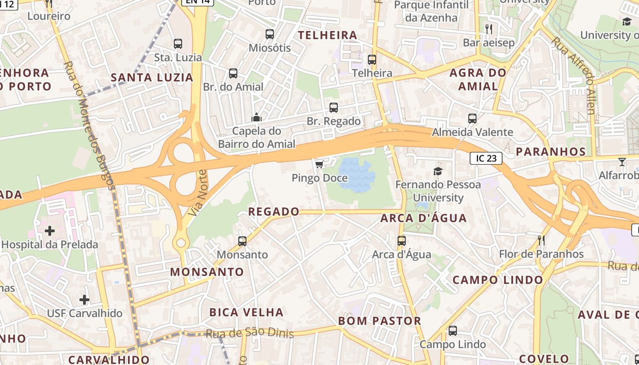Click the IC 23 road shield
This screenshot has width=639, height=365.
(x=486, y=158)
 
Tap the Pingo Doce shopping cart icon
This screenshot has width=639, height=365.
(x=319, y=164)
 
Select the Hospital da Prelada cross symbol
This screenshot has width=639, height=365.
(x=50, y=231)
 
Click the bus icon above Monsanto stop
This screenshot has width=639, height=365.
(x=242, y=241)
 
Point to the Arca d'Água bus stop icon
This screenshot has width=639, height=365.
(x=402, y=241)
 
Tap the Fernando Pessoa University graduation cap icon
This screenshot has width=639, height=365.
(x=438, y=171)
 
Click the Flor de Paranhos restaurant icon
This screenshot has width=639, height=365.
(x=541, y=240)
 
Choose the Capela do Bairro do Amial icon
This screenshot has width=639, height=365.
(x=257, y=118)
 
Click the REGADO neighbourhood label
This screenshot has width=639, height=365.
(x=274, y=212)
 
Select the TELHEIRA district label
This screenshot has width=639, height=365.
(x=327, y=35)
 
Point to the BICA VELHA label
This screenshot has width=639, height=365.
(x=246, y=313)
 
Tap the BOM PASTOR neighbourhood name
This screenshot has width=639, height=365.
(x=380, y=321)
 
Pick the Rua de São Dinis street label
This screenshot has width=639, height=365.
(x=250, y=333)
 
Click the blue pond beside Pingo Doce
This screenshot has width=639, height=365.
(x=356, y=174)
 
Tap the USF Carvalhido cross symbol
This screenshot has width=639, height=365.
(x=84, y=300)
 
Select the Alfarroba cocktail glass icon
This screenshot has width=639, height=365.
(x=622, y=162)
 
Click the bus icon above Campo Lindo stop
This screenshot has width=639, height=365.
(x=453, y=331)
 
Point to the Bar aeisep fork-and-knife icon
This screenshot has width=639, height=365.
(x=489, y=29)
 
